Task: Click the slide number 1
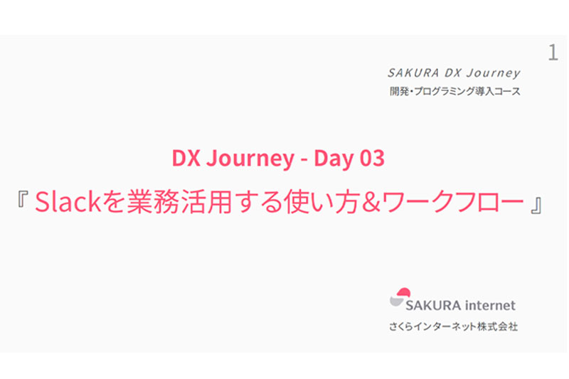(553, 53)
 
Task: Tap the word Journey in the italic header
(496, 73)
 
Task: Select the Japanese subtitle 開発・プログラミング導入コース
(454, 92)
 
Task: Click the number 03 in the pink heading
(371, 159)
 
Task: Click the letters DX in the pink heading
(185, 159)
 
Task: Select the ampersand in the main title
(369, 204)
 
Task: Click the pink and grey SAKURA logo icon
(401, 297)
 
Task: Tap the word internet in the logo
(490, 306)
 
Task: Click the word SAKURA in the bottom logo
(432, 306)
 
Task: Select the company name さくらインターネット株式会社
(453, 328)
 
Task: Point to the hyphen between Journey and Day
(304, 159)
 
